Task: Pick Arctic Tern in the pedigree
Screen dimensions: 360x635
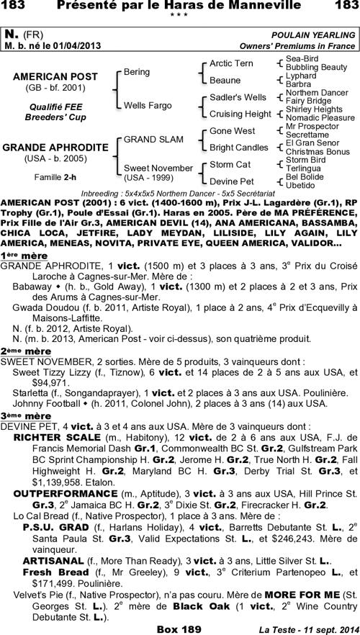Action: tap(231, 63)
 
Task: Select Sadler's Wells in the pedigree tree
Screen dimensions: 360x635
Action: tap(238, 96)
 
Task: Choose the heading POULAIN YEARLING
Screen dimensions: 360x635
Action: tap(313, 35)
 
